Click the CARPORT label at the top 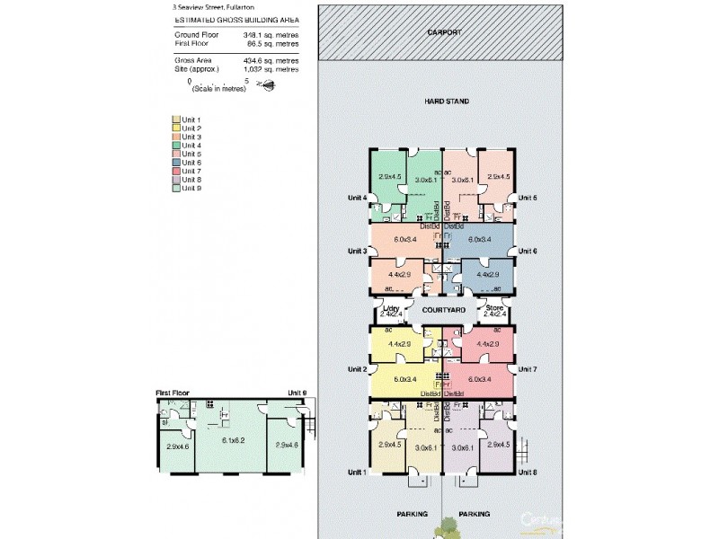coord(445,31)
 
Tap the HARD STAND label coord(447,102)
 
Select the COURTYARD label coord(444,310)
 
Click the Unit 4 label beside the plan coord(359,199)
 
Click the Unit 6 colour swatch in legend coord(176,163)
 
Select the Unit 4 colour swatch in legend coord(176,146)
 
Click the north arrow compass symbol coord(267,84)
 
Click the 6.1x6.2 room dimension coord(232,439)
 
